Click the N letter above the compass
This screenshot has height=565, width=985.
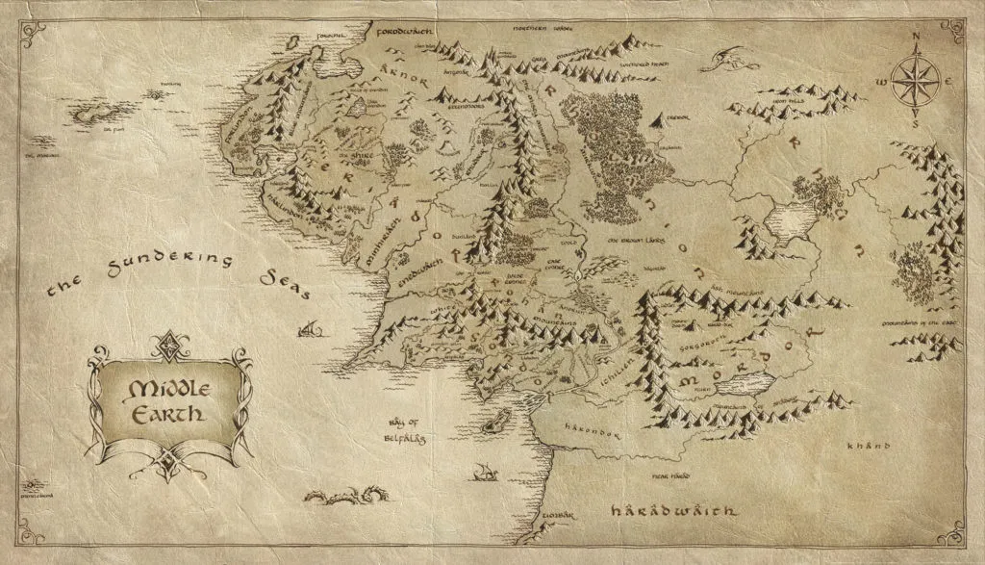click(x=917, y=39)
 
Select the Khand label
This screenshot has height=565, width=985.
click(x=864, y=447)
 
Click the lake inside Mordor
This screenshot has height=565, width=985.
click(x=740, y=387)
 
